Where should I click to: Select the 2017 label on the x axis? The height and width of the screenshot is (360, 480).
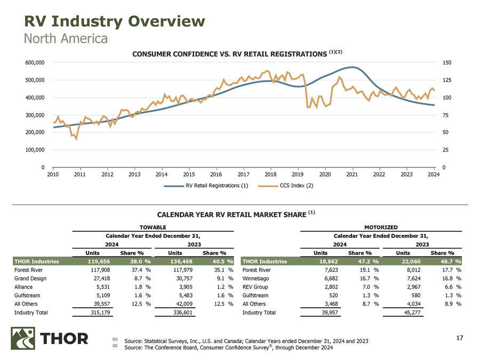(x=243, y=174)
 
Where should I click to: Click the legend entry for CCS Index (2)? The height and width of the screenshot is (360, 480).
(x=285, y=186)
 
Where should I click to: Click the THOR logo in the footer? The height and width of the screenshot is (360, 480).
(x=50, y=339)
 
